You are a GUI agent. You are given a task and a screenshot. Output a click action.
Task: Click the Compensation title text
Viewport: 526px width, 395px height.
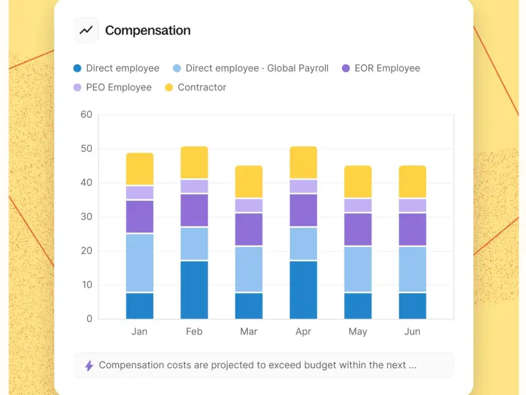point(148,30)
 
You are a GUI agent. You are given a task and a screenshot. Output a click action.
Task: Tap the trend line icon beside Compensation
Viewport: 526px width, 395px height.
point(86,30)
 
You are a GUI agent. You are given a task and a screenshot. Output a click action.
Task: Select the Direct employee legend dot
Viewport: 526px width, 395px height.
point(78,68)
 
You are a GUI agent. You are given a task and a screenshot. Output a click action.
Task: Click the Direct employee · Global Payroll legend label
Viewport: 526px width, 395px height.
point(257,68)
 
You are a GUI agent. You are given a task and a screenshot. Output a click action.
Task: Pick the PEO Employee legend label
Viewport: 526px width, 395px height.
point(118,88)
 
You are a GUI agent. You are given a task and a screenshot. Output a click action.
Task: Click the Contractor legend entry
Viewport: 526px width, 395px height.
point(201,88)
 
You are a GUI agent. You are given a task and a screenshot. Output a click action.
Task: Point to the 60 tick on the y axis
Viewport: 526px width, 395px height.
point(86,115)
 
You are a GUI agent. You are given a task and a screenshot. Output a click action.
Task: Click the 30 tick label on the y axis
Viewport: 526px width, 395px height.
point(86,217)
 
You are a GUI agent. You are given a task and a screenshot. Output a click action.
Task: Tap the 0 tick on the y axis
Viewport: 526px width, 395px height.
point(89,319)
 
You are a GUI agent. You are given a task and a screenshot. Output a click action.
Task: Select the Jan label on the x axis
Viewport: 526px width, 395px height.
point(139,332)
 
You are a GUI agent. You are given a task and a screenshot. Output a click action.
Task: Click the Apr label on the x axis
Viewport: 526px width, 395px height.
point(303,332)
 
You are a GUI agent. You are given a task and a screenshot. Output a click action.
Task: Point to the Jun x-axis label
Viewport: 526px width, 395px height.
point(412,332)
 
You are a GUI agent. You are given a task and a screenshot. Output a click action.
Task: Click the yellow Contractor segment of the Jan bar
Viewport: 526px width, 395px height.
point(140,169)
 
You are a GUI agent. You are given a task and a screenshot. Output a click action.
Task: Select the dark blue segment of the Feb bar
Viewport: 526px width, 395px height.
point(195,290)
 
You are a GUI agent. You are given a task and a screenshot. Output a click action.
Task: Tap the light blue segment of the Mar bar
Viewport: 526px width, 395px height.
point(249,269)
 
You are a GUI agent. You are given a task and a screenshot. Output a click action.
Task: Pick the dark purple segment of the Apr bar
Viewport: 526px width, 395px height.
point(304,210)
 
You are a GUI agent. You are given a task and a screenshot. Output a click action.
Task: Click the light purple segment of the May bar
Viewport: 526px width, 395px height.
point(358,205)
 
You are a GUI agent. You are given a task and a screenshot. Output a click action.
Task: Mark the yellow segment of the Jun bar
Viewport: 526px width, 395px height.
point(413,182)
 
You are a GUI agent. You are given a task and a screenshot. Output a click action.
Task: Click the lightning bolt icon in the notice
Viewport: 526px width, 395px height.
point(89,365)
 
